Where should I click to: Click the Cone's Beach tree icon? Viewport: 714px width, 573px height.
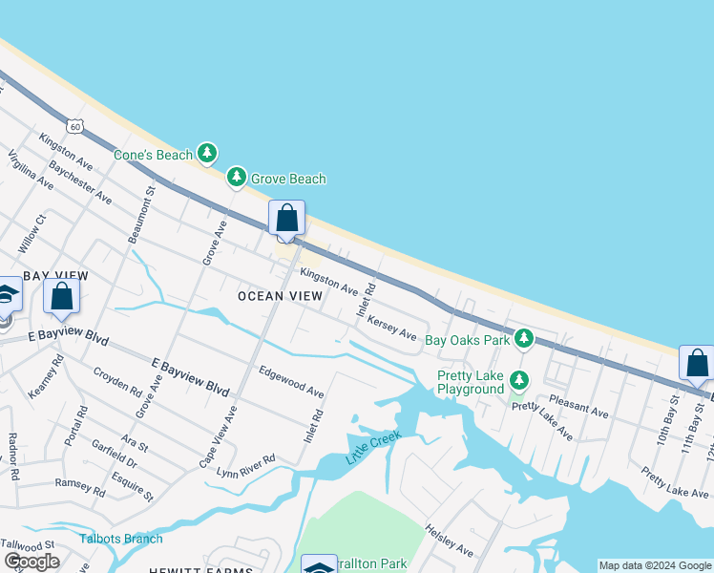pos(207,153)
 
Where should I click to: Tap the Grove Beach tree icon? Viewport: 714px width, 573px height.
pos(237,178)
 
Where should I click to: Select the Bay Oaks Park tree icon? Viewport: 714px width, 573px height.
pos(523,339)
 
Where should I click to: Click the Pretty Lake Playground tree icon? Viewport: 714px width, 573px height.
pos(518,381)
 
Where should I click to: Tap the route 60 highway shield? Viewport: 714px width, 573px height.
pos(75,125)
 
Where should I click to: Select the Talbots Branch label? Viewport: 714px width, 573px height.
pos(121,539)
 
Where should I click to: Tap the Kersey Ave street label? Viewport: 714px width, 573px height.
pos(392,327)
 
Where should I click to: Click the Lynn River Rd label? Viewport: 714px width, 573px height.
pos(246,466)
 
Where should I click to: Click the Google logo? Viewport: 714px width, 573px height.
pos(31,562)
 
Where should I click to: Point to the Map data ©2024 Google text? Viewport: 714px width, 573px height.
pos(655,565)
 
